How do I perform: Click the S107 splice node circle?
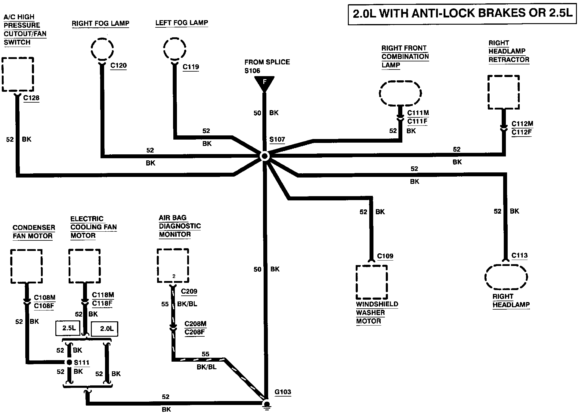coord(265,156)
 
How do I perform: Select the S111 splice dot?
coord(69,362)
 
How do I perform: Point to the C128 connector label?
coord(31,98)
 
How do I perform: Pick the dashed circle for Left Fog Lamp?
coord(175,48)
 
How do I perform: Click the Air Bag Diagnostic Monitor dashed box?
coord(173,266)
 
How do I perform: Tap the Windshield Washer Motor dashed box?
coord(372,282)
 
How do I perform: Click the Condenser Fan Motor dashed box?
coord(26,266)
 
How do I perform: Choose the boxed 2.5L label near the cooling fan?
coord(69,329)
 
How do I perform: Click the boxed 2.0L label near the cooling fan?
coord(105,329)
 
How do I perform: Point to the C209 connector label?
coord(189,292)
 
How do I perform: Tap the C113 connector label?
coord(519,256)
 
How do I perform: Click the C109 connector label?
coord(385,256)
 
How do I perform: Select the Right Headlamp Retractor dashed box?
coord(503,92)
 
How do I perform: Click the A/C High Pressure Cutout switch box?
coord(17,74)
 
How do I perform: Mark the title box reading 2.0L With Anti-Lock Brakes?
coord(463,14)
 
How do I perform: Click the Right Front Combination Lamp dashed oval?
coord(400,93)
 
